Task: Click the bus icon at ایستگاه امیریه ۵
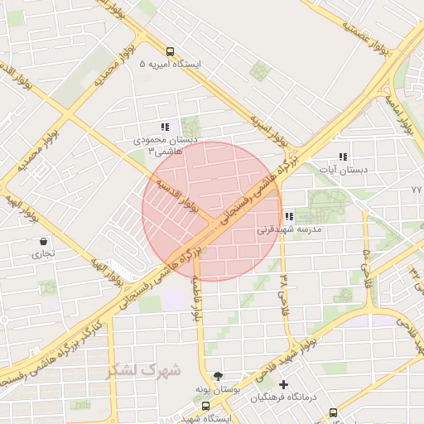171,51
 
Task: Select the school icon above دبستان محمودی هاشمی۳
166,128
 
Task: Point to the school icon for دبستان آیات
343,157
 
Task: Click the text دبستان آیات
347,170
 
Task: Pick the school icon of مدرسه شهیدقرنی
288,218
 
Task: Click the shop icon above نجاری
42,242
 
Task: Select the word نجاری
42,254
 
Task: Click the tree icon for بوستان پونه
217,375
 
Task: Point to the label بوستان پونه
219,388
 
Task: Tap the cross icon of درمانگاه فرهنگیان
284,385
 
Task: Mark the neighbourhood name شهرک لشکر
142,369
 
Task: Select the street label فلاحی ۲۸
284,287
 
